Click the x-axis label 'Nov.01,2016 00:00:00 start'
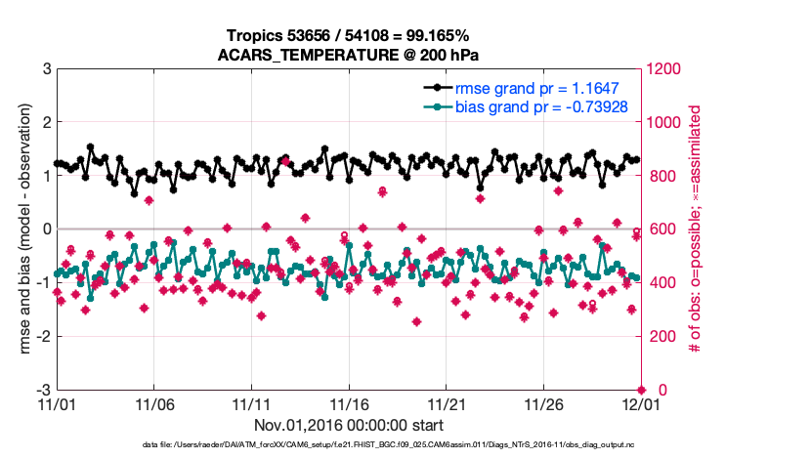349,425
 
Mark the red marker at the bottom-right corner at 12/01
641,390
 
